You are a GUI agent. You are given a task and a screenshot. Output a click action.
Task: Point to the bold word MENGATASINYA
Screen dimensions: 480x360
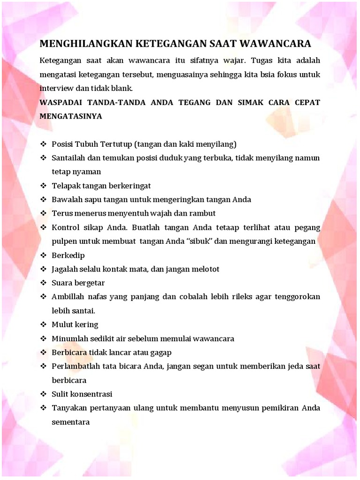[71, 116]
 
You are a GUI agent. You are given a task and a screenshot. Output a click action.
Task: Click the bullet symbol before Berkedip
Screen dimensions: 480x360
[43, 255]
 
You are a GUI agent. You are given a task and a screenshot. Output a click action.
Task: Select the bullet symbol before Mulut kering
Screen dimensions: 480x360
[43, 324]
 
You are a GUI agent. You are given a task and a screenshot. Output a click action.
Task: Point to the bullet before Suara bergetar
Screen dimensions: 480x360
[43, 283]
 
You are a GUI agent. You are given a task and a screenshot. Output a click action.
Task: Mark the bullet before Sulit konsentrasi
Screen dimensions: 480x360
[43, 394]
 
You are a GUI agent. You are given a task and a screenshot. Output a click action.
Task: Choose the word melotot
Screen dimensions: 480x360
[205, 269]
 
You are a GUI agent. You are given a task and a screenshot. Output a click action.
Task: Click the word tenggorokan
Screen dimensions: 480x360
[297, 297]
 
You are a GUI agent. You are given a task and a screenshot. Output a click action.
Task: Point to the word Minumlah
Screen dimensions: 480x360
[69, 338]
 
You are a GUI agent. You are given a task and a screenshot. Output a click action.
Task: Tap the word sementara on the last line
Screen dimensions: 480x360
[71, 422]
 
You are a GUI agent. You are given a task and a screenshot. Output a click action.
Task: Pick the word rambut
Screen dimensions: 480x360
[202, 213]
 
